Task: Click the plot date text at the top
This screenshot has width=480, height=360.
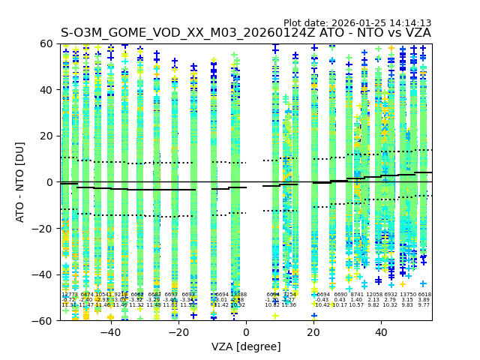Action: (357, 23)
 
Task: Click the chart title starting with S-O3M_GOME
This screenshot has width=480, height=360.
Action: (246, 33)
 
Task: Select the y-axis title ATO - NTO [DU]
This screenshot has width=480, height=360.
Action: (20, 181)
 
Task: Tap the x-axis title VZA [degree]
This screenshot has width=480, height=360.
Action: (246, 346)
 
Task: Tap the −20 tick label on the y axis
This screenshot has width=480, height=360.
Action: (45, 229)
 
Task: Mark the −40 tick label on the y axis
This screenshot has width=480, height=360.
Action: (45, 274)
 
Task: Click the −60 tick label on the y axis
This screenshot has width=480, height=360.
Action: (45, 321)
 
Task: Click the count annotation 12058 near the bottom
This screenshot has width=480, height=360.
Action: (373, 295)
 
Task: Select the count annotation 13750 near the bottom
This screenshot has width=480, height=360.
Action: (407, 295)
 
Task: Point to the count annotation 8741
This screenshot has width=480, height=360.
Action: (356, 295)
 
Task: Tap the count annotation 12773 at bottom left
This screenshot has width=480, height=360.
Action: (70, 295)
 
